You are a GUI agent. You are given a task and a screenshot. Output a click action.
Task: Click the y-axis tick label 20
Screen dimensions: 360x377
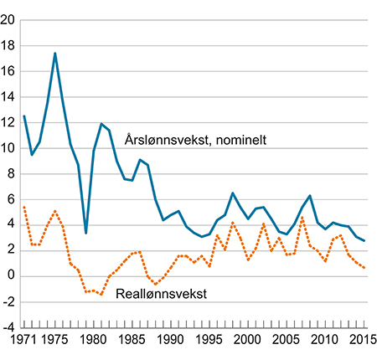[x=9, y=21]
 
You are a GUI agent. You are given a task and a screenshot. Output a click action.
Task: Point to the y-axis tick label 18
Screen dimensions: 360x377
[x=9, y=47]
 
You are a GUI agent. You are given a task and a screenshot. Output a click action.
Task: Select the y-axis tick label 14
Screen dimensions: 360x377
[x=9, y=98]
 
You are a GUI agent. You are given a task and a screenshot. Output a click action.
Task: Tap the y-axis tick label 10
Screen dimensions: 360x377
[x=9, y=149]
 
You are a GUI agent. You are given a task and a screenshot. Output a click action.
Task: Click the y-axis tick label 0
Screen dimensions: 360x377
[x=13, y=276]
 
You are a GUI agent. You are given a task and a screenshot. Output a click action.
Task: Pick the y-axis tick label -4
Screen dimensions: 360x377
[x=9, y=327]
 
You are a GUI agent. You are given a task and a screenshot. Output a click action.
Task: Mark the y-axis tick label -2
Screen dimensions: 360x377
[x=9, y=302]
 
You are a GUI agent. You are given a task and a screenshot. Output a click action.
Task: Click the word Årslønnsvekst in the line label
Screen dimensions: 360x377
[x=163, y=140]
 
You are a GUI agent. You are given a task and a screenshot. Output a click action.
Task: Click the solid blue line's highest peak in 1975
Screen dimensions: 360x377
[x=55, y=54]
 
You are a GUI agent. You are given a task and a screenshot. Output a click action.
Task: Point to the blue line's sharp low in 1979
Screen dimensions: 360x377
[x=86, y=233]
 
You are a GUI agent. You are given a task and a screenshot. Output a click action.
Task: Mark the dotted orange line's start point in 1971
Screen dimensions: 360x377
[x=24, y=206]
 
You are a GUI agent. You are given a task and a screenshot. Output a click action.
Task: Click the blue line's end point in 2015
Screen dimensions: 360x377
[x=364, y=240]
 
